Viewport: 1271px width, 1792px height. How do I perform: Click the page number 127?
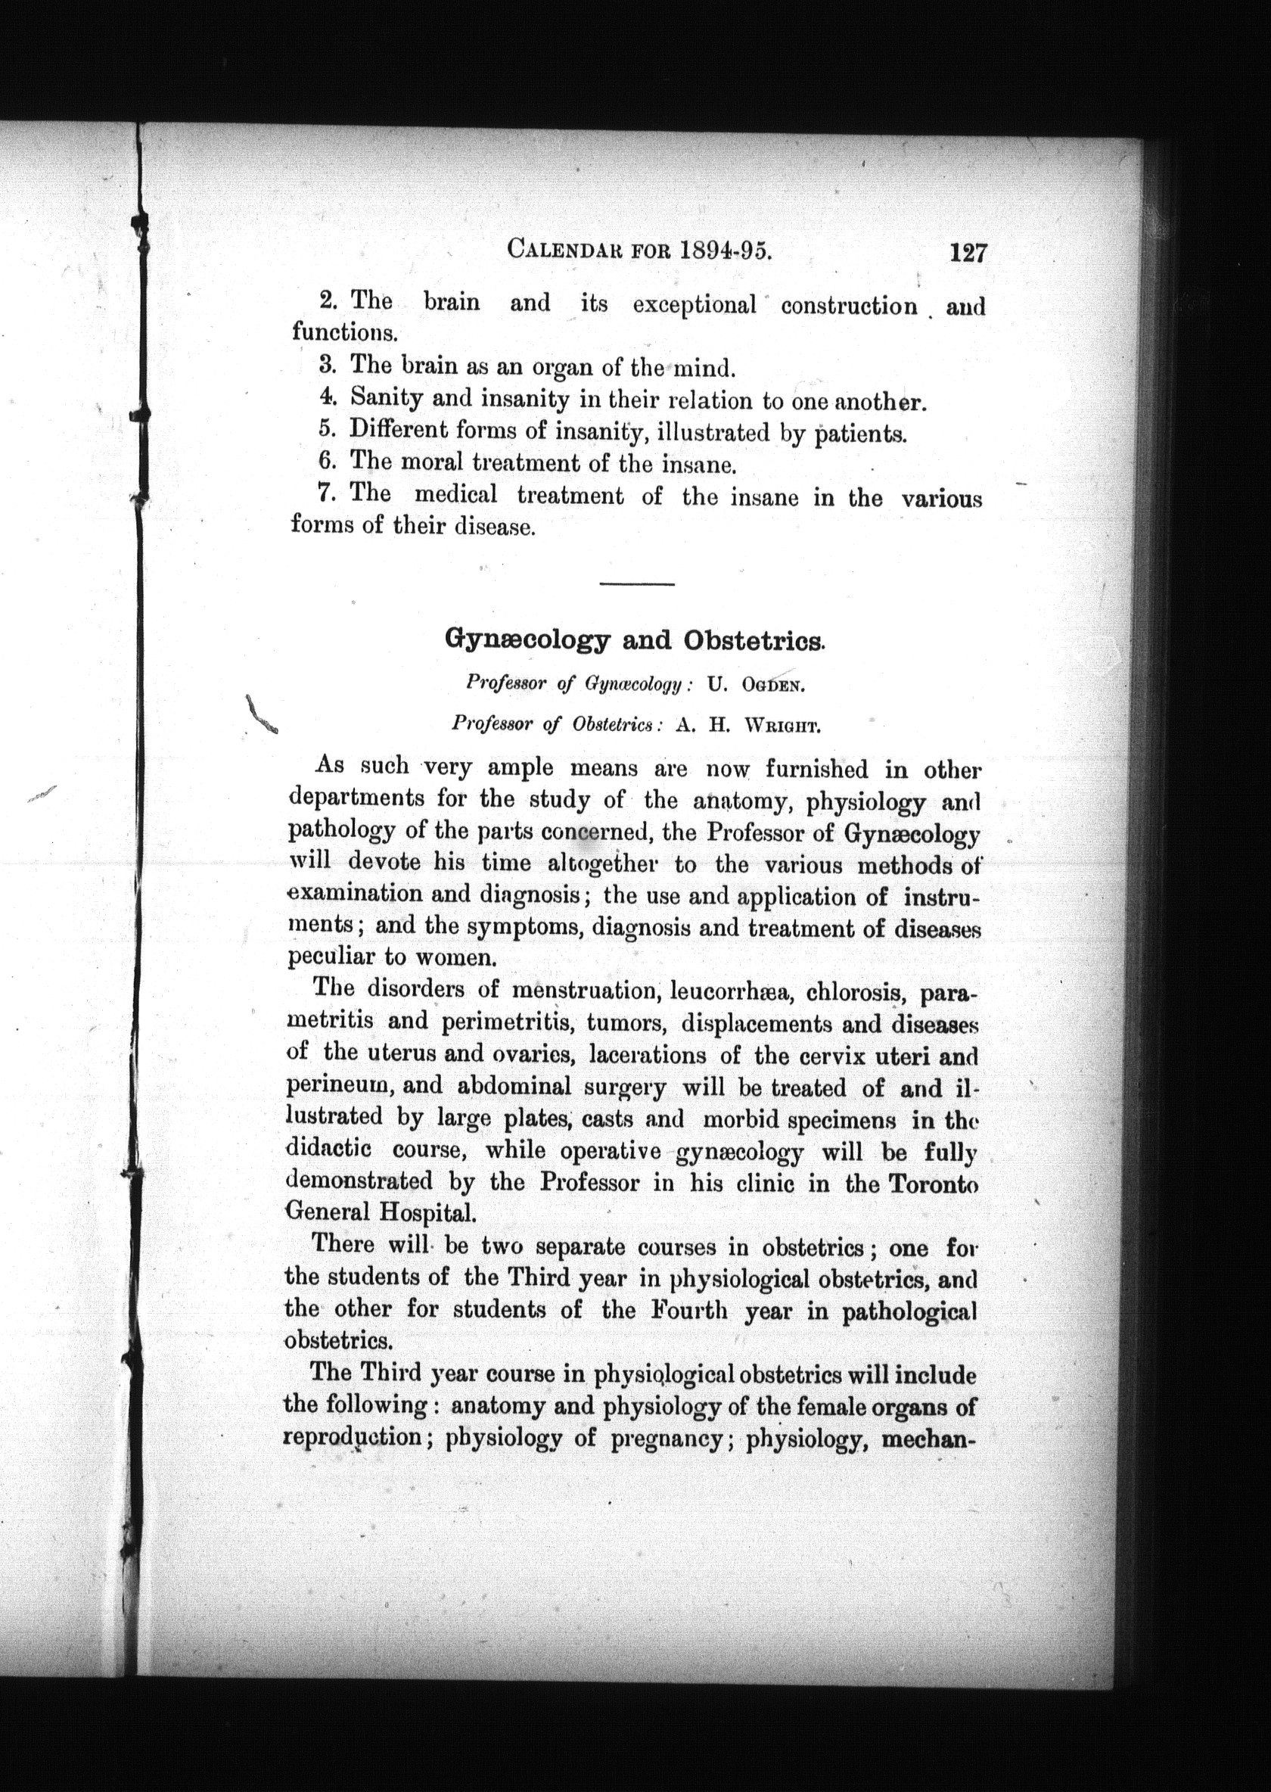968,253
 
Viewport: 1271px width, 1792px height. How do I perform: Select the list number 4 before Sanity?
327,396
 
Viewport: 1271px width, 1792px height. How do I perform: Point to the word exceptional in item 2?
695,304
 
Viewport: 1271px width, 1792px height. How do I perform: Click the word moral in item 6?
434,462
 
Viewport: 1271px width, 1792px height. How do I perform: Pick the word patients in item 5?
860,433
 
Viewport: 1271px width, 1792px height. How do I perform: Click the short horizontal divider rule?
636,584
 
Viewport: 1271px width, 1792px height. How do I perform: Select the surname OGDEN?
772,685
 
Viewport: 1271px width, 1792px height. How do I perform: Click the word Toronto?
934,1183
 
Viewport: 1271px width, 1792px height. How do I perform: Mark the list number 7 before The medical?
327,493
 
